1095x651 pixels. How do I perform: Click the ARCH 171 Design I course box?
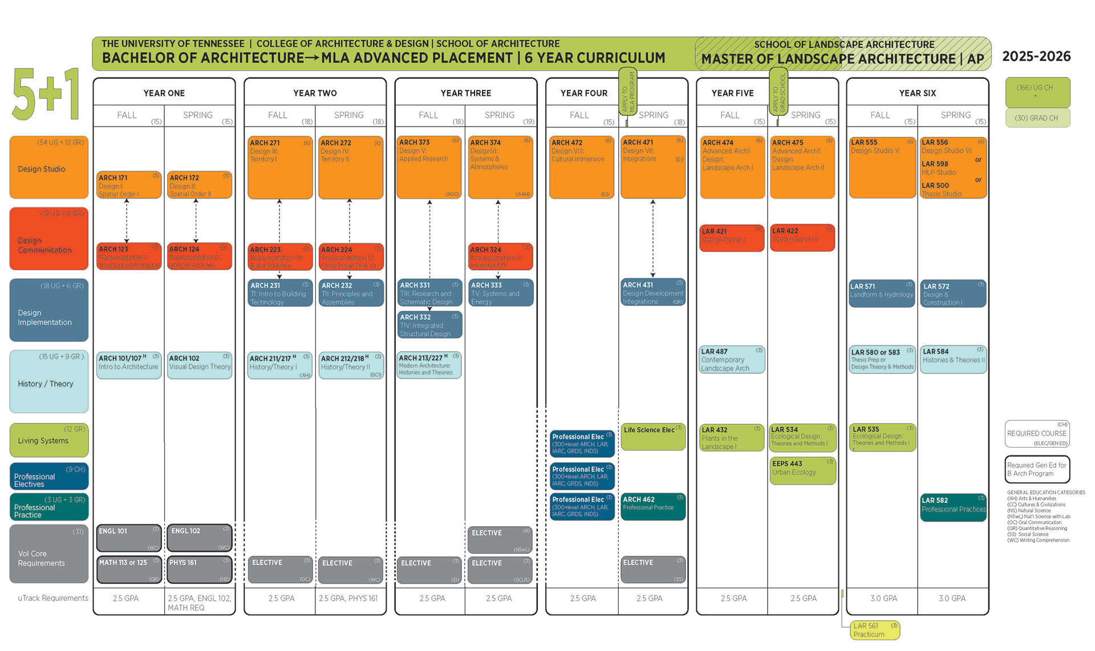coord(129,185)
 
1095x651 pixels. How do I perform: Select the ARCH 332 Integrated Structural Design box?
coord(429,325)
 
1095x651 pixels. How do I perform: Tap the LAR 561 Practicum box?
coord(875,630)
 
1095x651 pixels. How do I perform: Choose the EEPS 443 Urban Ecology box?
coord(802,471)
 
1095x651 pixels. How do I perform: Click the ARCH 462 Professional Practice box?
coord(653,506)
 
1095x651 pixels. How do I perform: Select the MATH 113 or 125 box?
coord(129,569)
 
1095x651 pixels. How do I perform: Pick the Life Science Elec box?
coord(653,437)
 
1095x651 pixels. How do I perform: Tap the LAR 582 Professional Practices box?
coord(953,507)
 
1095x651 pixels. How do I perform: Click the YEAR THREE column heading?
coord(465,93)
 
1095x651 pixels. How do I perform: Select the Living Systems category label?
coord(49,441)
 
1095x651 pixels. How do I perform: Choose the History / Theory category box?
coord(49,381)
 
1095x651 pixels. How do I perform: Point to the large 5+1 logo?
coord(46,95)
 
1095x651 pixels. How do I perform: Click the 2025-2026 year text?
coord(1036,56)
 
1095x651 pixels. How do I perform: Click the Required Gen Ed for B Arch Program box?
coord(1037,469)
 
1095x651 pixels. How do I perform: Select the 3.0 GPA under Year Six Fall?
coord(883,598)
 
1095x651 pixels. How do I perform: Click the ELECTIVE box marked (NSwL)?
coord(500,539)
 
